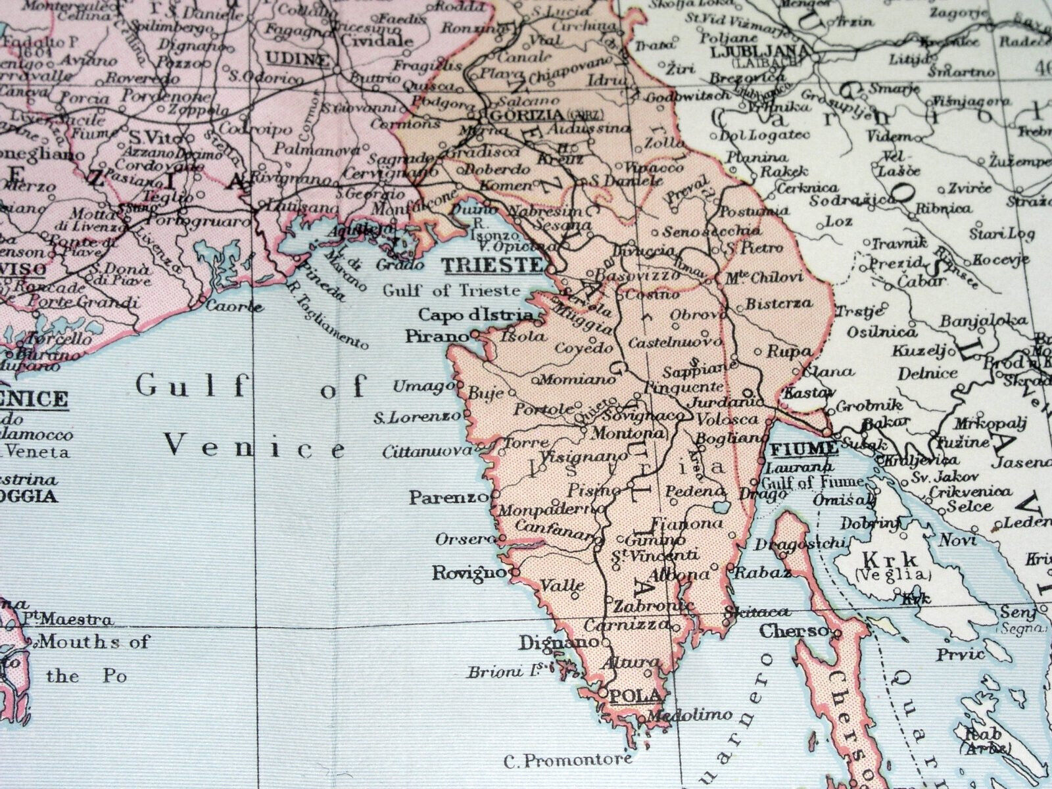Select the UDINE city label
[x=297, y=59]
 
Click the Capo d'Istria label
[x=475, y=315]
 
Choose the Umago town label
[x=419, y=387]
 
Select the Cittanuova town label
[x=427, y=451]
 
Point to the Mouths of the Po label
[x=92, y=657]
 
